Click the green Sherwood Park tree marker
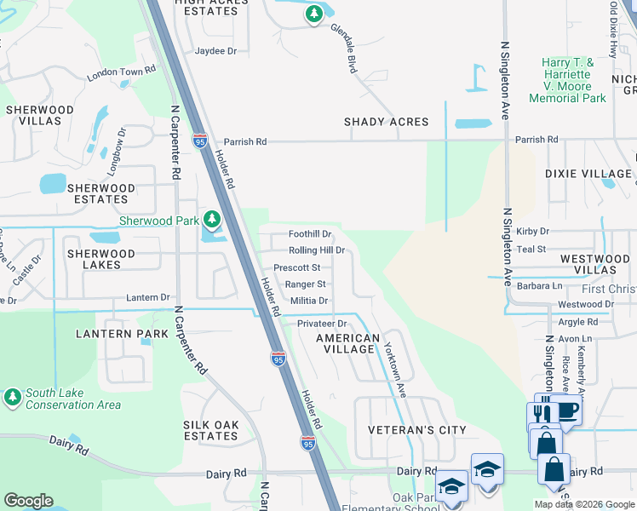(x=211, y=221)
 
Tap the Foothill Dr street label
(x=309, y=233)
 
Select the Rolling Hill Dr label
(x=316, y=250)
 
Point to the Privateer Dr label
(x=322, y=324)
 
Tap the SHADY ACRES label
(x=386, y=122)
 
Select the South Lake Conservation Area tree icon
(x=12, y=397)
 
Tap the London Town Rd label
(x=126, y=72)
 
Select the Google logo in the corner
(x=28, y=500)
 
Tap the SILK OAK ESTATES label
(x=210, y=430)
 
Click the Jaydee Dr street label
(x=215, y=51)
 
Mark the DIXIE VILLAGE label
(x=588, y=174)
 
